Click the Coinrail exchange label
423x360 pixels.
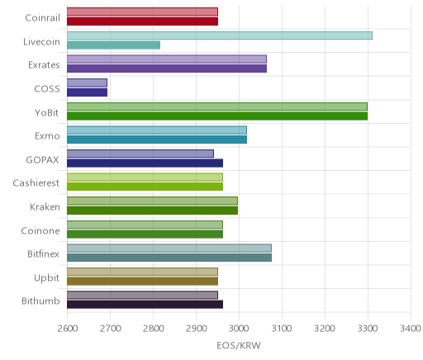(42, 18)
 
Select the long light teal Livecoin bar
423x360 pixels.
(220, 36)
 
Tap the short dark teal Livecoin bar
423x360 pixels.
(113, 45)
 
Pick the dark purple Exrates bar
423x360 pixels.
(167, 69)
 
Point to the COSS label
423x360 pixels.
(47, 89)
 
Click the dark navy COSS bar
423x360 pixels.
(87, 92)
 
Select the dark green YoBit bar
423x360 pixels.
(217, 116)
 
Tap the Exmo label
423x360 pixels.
(47, 136)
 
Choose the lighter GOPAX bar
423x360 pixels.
(140, 154)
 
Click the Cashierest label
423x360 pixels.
(36, 183)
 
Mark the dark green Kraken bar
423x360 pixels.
(152, 211)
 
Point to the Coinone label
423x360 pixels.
(40, 230)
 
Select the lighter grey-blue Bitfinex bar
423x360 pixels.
(169, 248)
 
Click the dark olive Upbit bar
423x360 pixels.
(142, 282)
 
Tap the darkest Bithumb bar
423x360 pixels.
(145, 305)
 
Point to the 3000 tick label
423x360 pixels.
(239, 329)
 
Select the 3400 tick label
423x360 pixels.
(411, 329)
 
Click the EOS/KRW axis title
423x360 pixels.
(239, 345)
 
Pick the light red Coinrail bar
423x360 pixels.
(142, 12)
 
